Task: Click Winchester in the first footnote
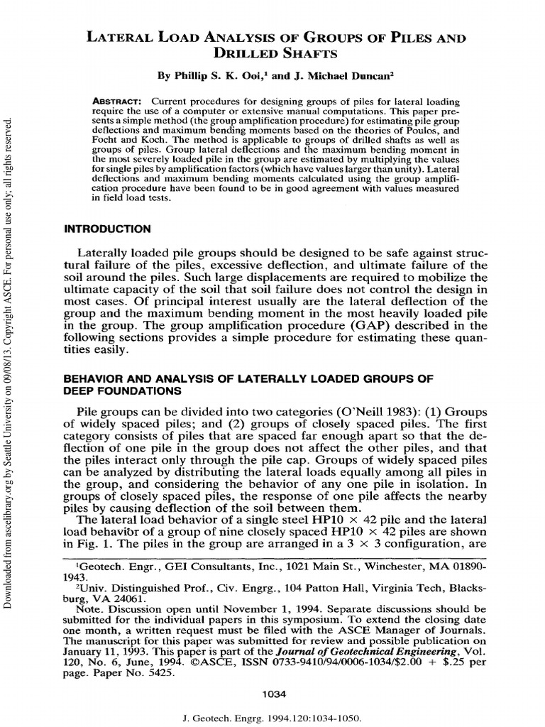click(x=389, y=567)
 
